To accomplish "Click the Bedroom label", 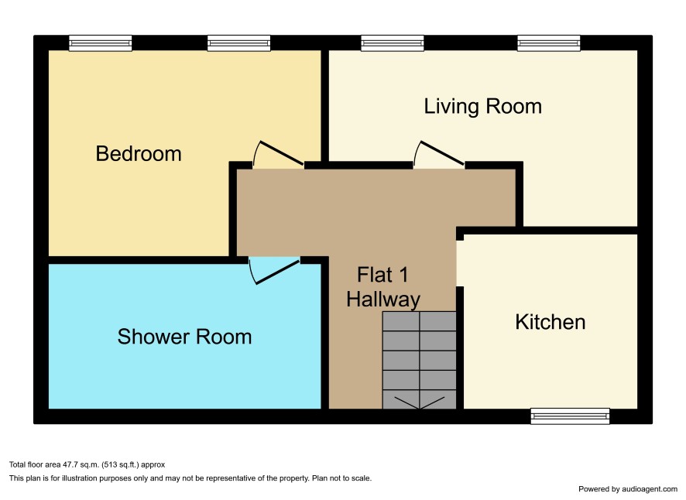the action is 139,154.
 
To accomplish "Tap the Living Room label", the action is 482,107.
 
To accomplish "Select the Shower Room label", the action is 184,337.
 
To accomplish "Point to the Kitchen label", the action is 550,322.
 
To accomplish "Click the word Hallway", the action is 383,300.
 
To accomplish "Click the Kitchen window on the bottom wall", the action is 570,416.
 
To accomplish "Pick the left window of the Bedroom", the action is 100,43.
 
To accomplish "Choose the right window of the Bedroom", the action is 238,43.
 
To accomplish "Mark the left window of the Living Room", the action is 393,43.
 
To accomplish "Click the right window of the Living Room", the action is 549,43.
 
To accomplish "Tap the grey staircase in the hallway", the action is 419,360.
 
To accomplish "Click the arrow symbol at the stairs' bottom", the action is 419,402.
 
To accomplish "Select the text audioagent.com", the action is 650,489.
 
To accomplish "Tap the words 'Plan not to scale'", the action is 341,478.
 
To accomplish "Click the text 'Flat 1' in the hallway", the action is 382,275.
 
